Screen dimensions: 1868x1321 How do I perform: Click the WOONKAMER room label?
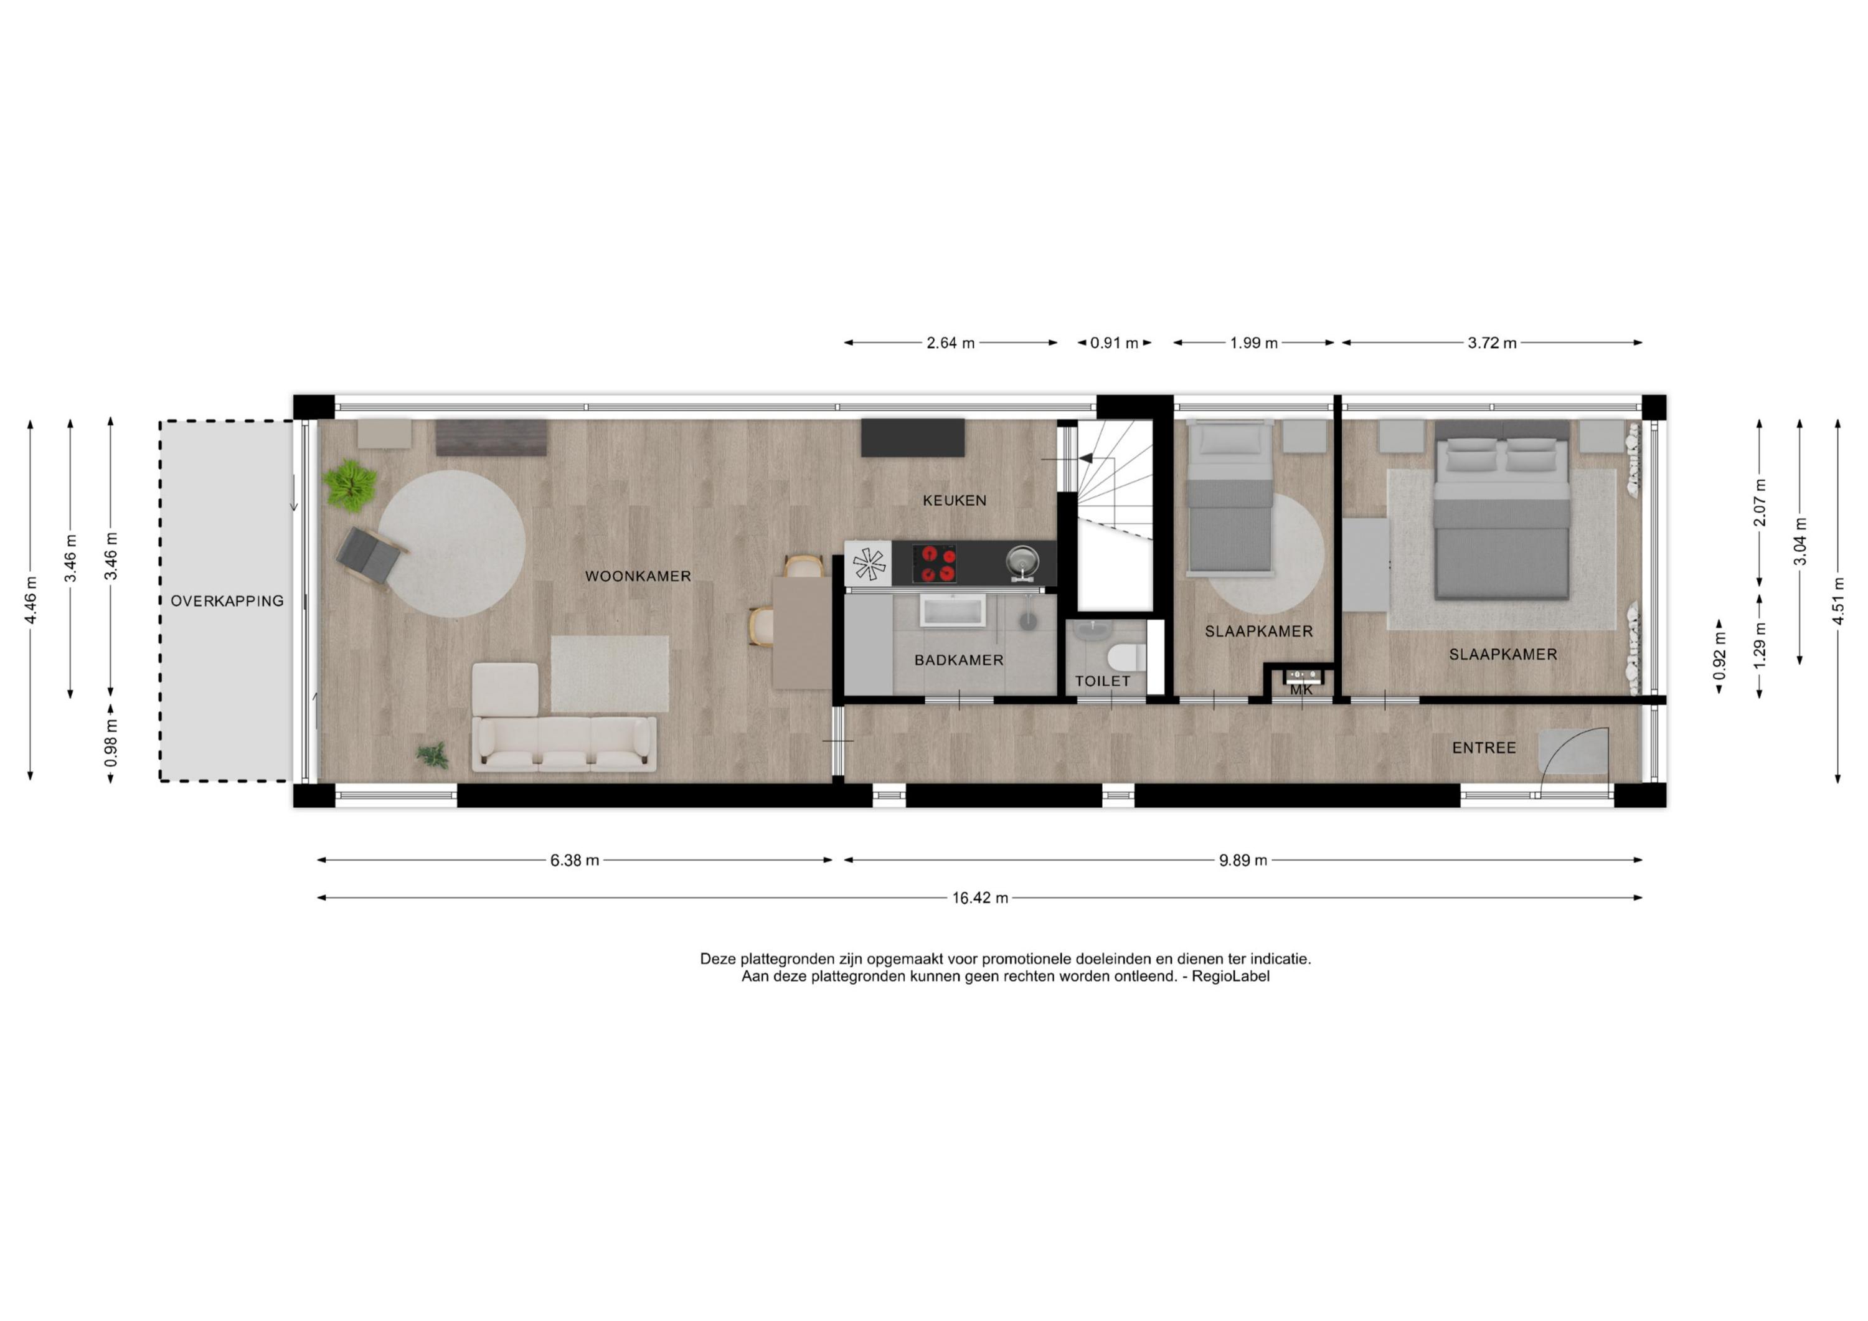click(638, 576)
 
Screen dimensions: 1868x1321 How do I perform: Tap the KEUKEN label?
click(955, 501)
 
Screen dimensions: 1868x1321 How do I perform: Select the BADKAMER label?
click(958, 660)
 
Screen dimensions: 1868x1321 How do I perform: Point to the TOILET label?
click(1102, 681)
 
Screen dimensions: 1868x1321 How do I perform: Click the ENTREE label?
click(1484, 748)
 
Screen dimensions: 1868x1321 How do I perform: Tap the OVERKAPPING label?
click(227, 602)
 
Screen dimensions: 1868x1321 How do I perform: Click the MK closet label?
click(1301, 690)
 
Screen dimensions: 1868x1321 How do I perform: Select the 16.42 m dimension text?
click(980, 899)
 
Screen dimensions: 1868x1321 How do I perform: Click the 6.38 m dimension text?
click(574, 860)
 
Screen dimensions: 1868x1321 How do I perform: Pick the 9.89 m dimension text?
click(1242, 860)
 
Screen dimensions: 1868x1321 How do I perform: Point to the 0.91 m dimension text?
click(1114, 343)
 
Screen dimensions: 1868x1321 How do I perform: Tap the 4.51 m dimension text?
click(1838, 600)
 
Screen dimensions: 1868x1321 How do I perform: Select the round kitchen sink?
click(1022, 562)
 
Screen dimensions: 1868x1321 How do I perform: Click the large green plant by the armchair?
click(351, 485)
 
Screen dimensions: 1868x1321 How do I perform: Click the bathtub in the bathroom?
click(952, 610)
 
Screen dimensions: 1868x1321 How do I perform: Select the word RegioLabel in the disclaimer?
click(1230, 977)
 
